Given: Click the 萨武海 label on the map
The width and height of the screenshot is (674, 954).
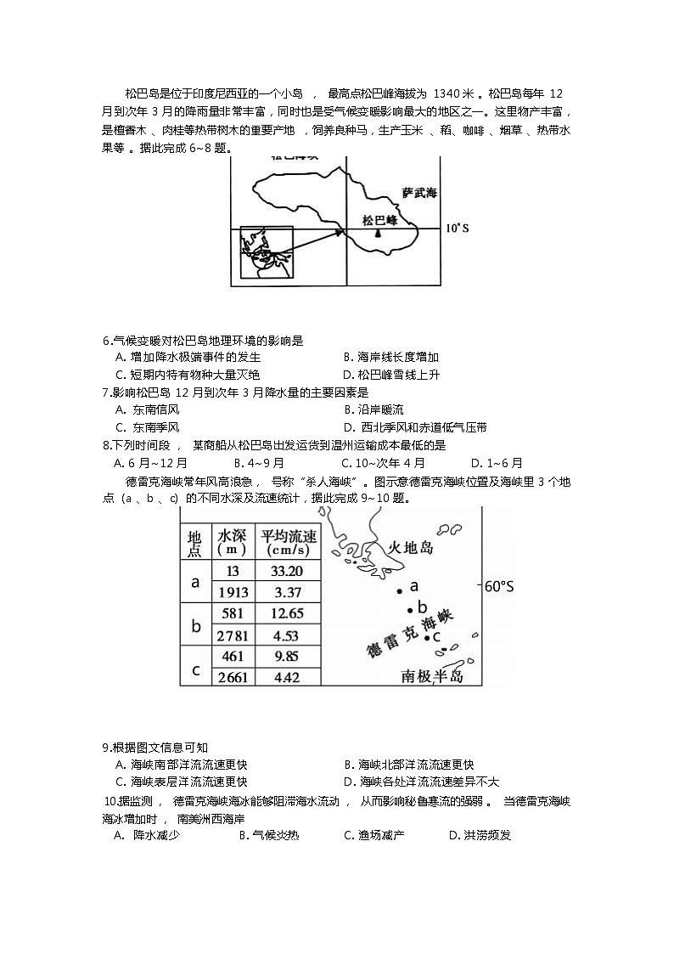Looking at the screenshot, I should point(418,193).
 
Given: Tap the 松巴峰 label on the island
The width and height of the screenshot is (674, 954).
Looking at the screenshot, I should point(379,219).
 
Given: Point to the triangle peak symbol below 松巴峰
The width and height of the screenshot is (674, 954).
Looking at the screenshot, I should point(379,233).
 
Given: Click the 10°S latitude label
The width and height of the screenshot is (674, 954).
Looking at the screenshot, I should point(458,228).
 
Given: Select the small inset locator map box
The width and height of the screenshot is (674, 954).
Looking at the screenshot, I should point(266,252).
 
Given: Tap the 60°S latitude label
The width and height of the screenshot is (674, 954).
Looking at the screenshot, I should point(499,585).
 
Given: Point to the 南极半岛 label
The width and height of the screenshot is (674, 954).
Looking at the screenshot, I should point(432,675).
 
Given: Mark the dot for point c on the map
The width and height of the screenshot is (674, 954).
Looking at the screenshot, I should point(426,636).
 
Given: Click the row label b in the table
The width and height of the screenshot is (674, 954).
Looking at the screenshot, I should point(195,625).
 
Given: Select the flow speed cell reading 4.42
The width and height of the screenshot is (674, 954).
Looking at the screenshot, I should point(289,677).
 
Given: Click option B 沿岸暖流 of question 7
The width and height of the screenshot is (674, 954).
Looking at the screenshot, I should point(374,409).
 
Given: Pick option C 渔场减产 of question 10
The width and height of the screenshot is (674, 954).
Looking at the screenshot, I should point(374,835).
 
